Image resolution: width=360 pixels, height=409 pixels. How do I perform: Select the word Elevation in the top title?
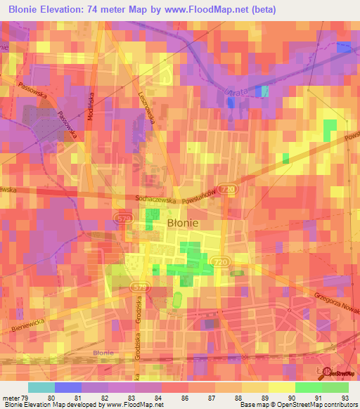(67, 9)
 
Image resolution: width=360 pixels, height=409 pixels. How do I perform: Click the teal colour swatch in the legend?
(41, 387)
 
